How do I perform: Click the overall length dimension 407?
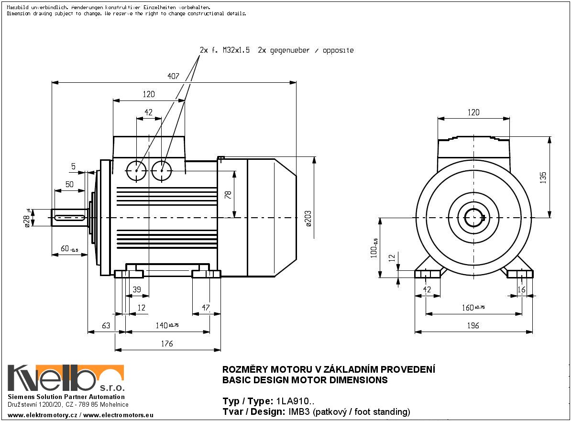173,77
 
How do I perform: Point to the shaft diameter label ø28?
27,219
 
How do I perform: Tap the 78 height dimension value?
228,194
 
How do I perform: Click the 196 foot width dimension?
473,326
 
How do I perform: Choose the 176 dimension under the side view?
167,344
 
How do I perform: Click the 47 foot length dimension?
206,308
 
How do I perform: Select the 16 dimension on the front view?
521,290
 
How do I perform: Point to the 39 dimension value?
137,290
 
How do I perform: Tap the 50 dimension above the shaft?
69,184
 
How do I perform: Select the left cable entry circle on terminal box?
136,170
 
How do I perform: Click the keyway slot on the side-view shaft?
70,218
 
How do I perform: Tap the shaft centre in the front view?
473,218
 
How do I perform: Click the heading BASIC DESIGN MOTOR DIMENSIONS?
305,380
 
